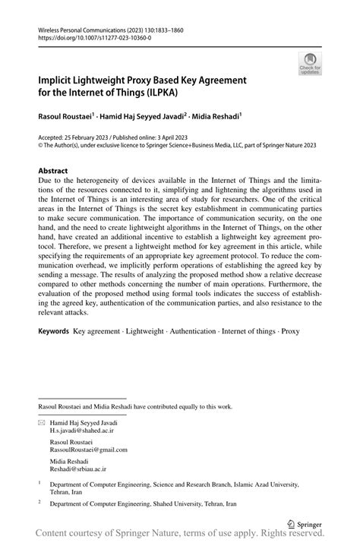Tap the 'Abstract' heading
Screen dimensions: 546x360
53,171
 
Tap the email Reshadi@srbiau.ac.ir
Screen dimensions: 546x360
78,470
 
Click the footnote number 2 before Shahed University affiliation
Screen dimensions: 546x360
39,502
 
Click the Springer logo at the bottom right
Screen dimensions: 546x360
304,523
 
